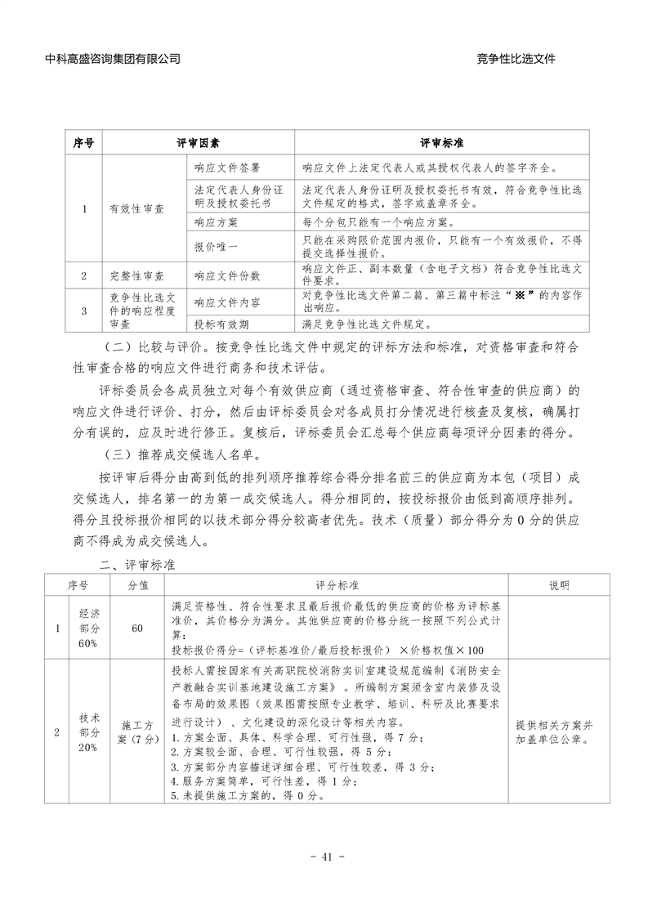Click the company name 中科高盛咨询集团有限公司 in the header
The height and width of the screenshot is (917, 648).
(114, 59)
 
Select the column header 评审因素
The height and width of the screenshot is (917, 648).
(198, 143)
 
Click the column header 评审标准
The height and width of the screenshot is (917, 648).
(441, 143)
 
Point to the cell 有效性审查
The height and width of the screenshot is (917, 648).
(136, 208)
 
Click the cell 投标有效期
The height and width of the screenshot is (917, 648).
(221, 323)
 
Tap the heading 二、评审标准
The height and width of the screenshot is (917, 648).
(135, 564)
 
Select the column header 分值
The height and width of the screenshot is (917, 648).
(137, 585)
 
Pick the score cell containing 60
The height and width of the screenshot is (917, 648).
(137, 628)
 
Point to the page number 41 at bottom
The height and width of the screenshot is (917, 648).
(324, 857)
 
